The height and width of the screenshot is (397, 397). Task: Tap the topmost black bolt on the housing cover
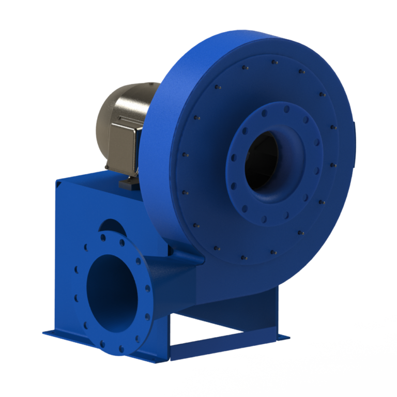tap(273, 63)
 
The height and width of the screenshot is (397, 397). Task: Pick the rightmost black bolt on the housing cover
tap(333, 165)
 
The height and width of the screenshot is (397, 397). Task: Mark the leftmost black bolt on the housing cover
tap(185, 154)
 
